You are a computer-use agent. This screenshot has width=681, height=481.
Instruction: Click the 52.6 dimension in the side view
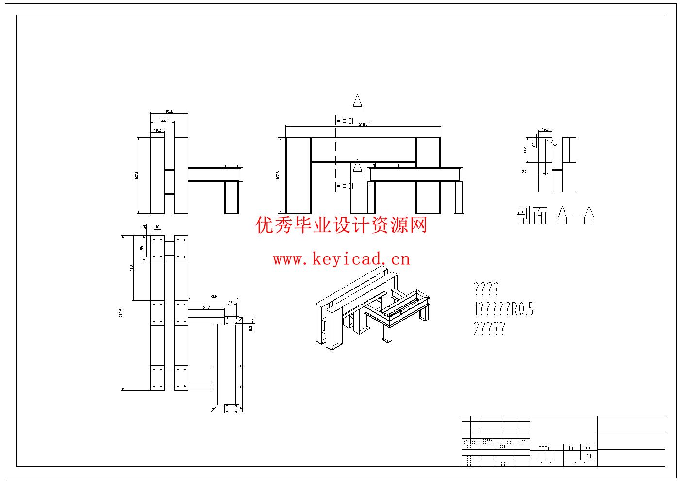(x=169, y=112)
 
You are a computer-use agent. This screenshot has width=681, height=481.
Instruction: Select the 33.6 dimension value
(x=164, y=120)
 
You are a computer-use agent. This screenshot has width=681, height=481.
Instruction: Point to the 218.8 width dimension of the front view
(x=363, y=124)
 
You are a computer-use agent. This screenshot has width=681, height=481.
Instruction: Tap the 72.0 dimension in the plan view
(x=213, y=296)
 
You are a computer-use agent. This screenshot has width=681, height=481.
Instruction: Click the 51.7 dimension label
(x=206, y=307)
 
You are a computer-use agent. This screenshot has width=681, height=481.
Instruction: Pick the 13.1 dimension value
(x=232, y=303)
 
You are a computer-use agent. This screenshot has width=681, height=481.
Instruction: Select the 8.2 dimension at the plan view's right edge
(x=250, y=328)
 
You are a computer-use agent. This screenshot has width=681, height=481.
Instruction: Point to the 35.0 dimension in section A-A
(x=525, y=151)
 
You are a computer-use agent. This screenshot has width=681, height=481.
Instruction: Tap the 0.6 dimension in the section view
(x=524, y=171)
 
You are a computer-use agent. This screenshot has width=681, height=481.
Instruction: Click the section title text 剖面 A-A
(x=556, y=215)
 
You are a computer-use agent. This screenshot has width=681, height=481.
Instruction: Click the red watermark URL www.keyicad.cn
(x=341, y=259)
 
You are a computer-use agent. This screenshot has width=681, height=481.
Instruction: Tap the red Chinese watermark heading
(x=341, y=225)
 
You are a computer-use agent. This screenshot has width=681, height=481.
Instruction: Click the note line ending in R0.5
(x=503, y=309)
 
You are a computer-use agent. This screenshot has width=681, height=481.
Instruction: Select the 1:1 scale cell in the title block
(x=589, y=456)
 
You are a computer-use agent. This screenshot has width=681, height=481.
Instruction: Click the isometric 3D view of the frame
(x=372, y=310)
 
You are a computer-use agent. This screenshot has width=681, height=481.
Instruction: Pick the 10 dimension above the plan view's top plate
(x=157, y=227)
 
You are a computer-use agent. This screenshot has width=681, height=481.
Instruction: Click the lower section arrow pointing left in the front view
(x=346, y=185)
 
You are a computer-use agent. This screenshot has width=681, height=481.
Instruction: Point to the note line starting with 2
(x=489, y=329)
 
